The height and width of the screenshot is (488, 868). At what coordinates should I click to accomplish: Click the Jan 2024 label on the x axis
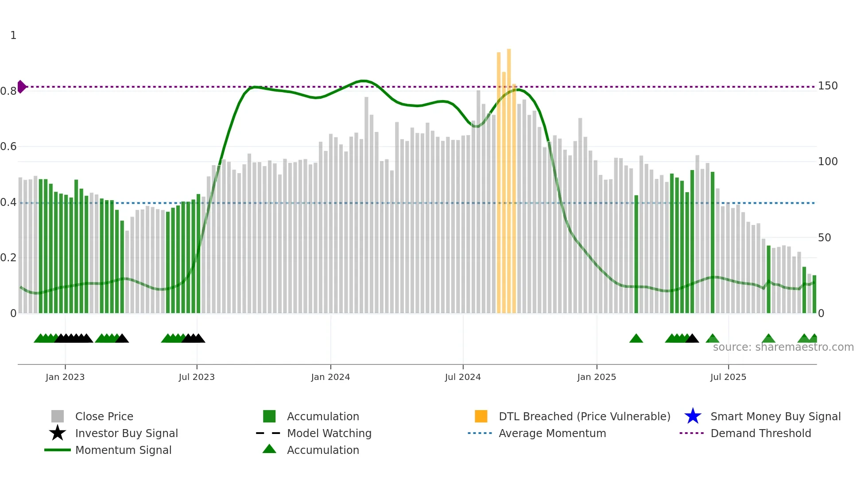point(330,377)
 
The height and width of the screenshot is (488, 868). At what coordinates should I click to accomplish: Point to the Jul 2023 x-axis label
point(197,377)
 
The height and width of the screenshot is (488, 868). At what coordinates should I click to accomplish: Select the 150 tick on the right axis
point(827,86)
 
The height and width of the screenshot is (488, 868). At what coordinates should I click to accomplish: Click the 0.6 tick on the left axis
point(8,147)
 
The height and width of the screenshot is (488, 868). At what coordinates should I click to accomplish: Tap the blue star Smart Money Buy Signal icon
point(693,416)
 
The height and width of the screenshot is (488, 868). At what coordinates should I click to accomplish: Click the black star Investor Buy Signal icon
point(58,433)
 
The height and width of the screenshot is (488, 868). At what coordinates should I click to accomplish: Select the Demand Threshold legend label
point(760,433)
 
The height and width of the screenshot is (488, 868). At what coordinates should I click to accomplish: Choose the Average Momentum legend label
point(552,433)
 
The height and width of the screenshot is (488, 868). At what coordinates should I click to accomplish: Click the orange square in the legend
point(481,416)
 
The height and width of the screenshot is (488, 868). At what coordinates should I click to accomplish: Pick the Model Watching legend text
point(329,433)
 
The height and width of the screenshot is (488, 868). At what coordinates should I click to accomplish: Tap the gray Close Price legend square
point(58,416)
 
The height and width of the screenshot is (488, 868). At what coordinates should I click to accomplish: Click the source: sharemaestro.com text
point(783,347)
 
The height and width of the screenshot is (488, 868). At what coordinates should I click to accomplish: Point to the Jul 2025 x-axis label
point(728,377)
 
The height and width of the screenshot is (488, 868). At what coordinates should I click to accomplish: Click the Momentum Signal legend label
point(123,450)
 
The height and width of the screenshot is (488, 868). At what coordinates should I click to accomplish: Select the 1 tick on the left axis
point(13,35)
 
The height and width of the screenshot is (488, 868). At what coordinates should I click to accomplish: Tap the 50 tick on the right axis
point(824,238)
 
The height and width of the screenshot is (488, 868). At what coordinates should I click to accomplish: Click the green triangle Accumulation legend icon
point(269,449)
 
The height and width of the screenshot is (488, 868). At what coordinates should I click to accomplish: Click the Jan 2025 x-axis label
point(597,377)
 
